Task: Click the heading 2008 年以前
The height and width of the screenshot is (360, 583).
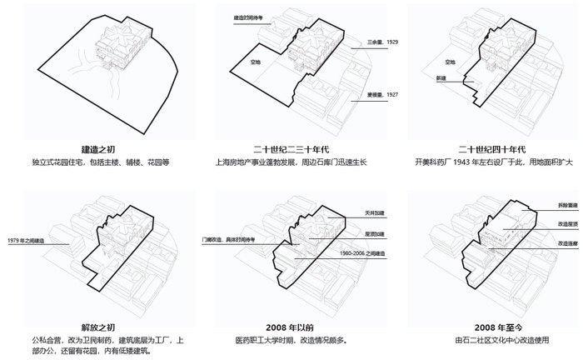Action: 291,325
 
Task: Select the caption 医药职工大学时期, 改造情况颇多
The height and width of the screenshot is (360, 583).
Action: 291,340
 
